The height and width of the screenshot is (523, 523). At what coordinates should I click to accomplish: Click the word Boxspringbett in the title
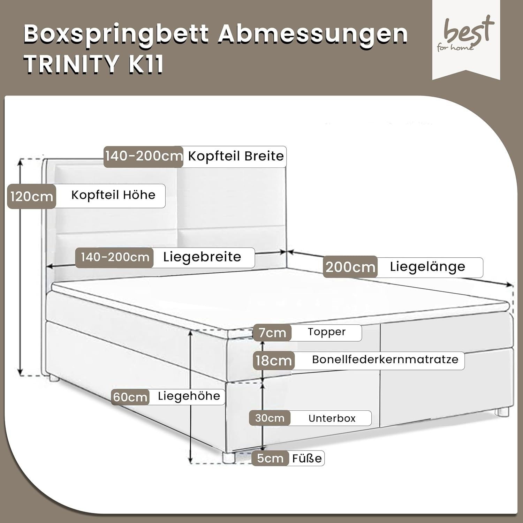point(116,34)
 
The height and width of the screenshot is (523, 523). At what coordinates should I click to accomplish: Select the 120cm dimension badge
point(31,197)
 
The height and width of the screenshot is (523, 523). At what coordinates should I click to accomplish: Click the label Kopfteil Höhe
point(113,195)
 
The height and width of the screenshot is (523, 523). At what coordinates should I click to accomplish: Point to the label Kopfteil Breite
point(236,156)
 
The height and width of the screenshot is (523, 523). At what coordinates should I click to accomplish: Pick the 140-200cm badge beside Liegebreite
point(115,257)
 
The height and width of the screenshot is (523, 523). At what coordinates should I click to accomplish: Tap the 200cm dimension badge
point(350,267)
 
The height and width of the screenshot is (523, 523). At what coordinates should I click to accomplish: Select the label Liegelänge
point(427,267)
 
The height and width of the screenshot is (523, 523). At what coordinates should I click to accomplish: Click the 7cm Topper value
point(272,333)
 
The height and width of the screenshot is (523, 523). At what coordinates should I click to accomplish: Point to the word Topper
point(326,332)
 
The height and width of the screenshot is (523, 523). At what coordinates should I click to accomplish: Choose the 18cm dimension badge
point(274,361)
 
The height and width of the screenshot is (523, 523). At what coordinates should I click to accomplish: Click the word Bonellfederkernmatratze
point(385,359)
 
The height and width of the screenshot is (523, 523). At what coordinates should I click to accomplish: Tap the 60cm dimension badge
point(130,397)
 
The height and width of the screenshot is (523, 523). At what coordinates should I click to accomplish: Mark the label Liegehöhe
point(189,396)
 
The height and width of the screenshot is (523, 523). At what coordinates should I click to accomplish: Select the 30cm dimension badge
point(270,418)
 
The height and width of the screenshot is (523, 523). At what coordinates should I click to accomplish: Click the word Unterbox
point(332,418)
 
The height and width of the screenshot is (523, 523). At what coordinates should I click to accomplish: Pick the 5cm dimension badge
point(270,458)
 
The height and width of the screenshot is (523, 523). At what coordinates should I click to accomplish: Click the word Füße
point(307,458)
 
